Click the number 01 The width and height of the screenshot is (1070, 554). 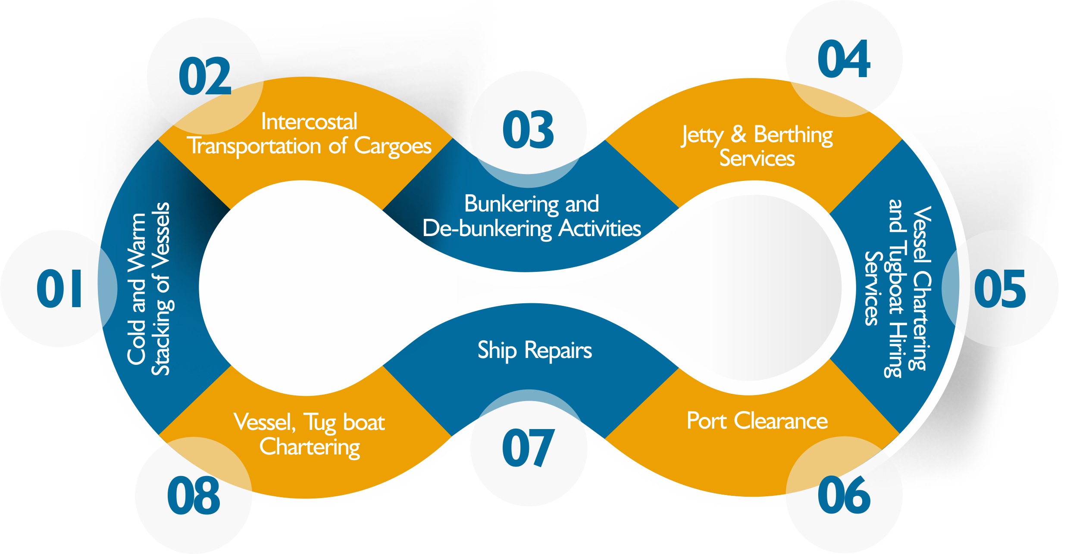[59, 289]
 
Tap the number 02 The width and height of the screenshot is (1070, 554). [205, 77]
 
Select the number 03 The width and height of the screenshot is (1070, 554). [528, 130]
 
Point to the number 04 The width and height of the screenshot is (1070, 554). [844, 59]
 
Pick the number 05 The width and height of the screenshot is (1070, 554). [1000, 289]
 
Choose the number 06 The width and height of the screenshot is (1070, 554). [844, 495]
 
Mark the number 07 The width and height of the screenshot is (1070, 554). [528, 448]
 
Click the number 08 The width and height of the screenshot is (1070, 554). [194, 496]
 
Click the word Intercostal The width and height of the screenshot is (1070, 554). [309, 121]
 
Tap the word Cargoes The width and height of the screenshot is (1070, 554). [392, 146]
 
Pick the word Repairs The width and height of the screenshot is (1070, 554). [558, 350]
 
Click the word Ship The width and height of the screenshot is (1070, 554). [497, 350]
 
